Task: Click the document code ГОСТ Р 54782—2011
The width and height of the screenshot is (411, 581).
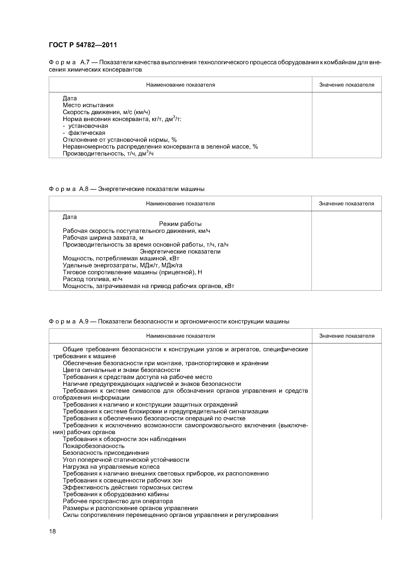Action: coord(83,45)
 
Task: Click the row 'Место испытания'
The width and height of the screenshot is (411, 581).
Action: coord(88,105)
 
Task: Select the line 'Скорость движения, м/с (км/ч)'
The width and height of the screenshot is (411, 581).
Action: coord(106,112)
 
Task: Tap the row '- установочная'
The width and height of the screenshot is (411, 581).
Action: coord(85,126)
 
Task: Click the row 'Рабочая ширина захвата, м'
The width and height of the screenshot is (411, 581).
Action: coord(103,238)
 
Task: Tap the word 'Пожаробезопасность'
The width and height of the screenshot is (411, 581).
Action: coord(93,446)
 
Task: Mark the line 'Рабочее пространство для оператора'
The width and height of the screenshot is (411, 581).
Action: coord(118,501)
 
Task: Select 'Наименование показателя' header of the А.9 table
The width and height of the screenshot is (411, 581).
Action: coord(180,336)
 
